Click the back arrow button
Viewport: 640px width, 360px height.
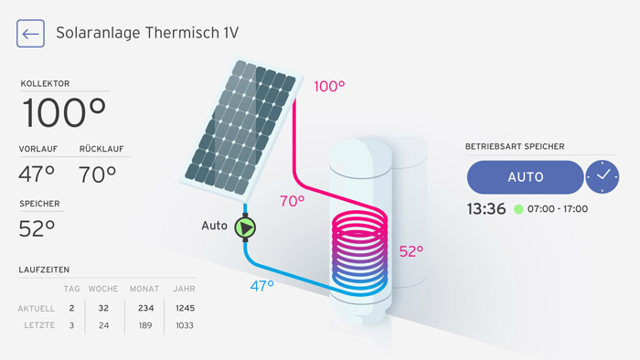31,34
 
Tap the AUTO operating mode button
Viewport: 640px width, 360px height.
525,177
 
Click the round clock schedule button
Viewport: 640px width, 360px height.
603,176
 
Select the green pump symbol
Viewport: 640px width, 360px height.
245,226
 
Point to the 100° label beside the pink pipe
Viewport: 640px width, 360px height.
329,87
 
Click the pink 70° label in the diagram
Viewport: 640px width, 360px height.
292,201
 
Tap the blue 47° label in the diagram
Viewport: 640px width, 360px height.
262,286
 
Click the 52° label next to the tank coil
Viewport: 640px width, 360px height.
411,251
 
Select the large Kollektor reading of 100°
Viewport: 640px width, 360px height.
64,113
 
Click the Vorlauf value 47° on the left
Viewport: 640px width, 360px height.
37,174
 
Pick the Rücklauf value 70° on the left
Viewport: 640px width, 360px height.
98,174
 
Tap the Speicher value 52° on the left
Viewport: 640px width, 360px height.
37,228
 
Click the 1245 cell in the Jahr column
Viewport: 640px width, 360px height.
183,308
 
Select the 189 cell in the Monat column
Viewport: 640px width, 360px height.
144,325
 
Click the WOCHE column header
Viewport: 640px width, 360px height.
103,290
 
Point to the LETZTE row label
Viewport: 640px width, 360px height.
37,325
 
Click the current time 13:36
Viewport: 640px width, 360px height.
486,209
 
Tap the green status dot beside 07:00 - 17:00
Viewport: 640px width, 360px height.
518,209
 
